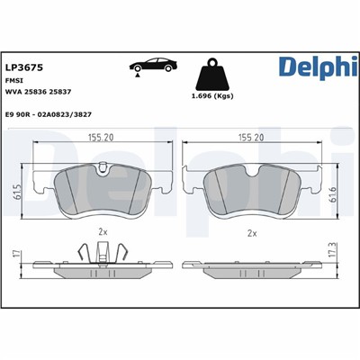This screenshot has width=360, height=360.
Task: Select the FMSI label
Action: [x=14, y=79]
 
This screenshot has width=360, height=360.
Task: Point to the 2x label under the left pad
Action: [x=103, y=232]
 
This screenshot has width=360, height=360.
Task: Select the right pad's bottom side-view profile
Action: [x=251, y=270]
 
